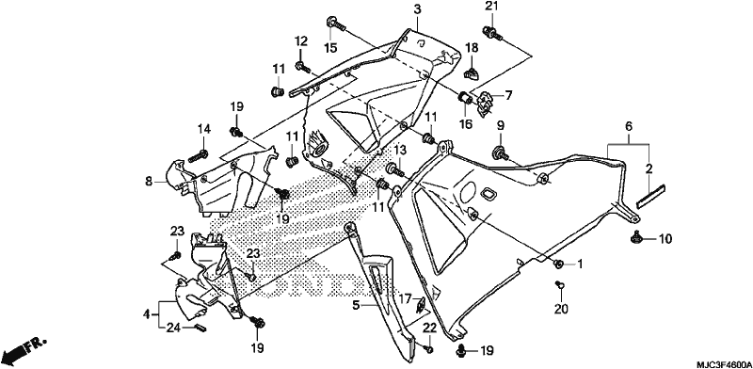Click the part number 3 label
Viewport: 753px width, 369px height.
click(417, 9)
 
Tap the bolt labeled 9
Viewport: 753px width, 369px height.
click(501, 153)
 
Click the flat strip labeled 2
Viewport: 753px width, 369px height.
click(649, 196)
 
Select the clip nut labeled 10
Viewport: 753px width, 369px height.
click(636, 237)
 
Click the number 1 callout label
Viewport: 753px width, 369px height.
click(580, 264)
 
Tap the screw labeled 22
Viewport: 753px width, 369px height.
click(430, 348)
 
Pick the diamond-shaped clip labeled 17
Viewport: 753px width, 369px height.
click(420, 304)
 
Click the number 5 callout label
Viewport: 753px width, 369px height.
click(356, 305)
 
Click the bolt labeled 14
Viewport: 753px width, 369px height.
click(199, 155)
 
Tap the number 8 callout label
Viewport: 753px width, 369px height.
click(149, 181)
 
